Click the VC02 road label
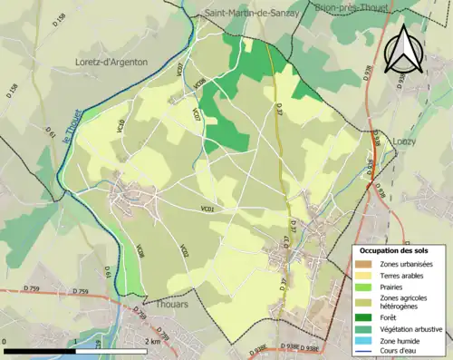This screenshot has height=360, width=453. tap(183, 251)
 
